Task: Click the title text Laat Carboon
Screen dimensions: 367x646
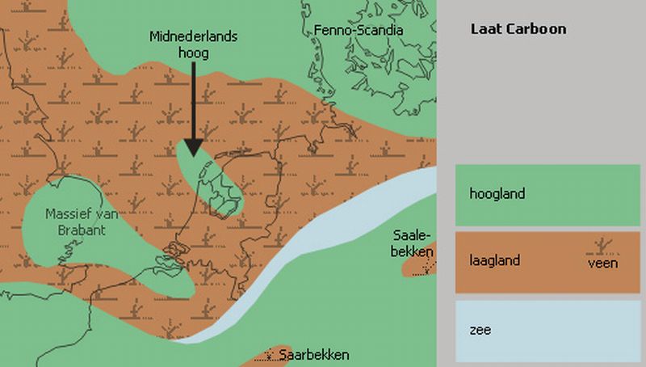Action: pos(518,29)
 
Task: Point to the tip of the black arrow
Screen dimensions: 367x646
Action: pos(192,154)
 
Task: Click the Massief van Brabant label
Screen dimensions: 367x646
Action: pos(77,223)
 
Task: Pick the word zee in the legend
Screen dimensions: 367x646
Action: pos(479,330)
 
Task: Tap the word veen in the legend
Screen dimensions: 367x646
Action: pos(602,264)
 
